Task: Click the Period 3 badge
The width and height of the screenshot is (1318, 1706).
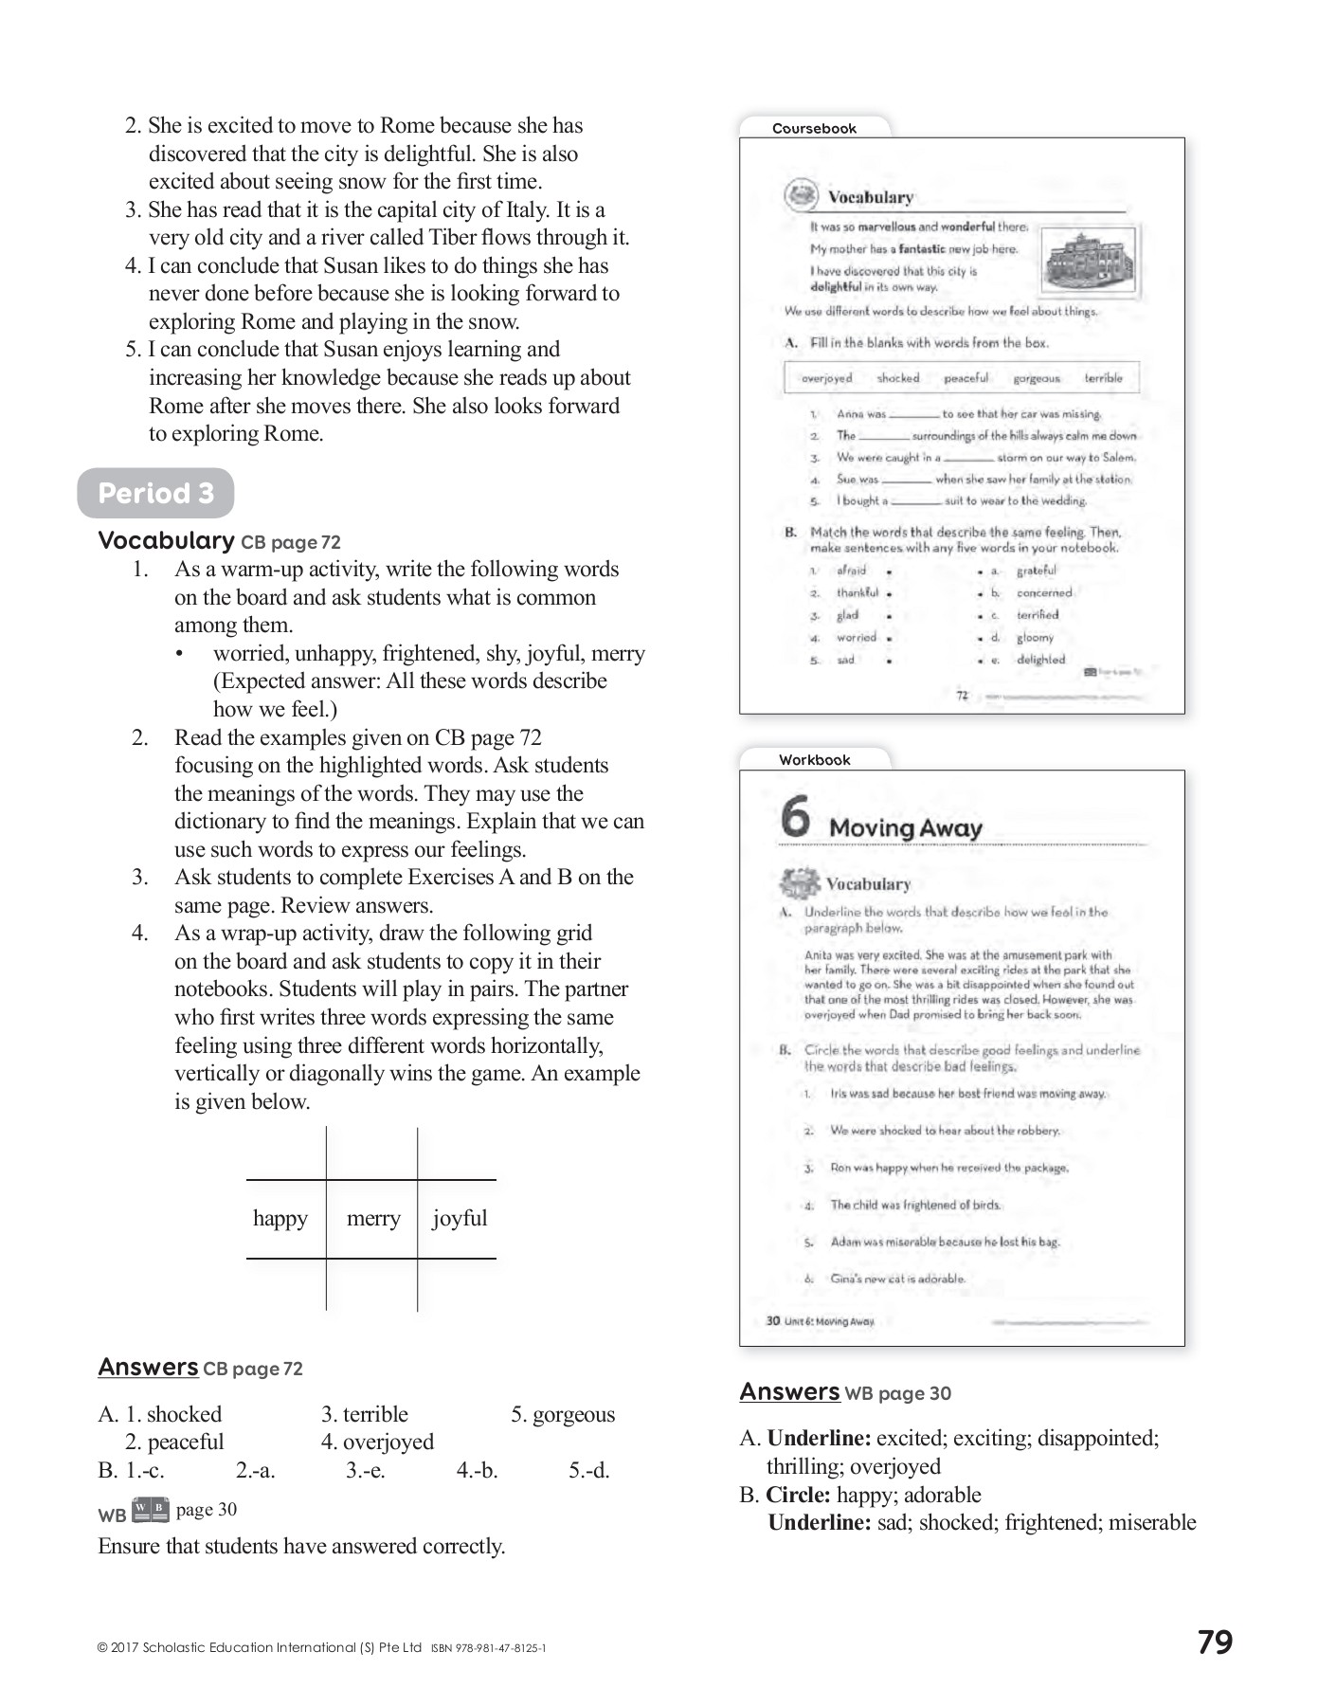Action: (x=155, y=493)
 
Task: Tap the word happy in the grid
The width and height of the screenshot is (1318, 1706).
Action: (x=280, y=1218)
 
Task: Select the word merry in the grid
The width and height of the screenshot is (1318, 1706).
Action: (x=373, y=1218)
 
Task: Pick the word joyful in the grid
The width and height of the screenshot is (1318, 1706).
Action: (x=460, y=1218)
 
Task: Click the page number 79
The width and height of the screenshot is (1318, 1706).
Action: (x=1215, y=1642)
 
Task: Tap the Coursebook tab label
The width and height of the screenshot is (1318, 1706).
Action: (x=814, y=129)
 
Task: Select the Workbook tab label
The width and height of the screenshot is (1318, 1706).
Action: (x=814, y=760)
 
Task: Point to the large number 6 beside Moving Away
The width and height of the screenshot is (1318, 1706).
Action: (x=796, y=816)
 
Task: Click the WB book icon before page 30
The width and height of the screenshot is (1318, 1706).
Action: (x=151, y=1509)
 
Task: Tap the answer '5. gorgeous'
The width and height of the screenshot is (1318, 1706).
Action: (x=563, y=1414)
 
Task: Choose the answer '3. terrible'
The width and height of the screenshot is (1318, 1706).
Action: (x=365, y=1414)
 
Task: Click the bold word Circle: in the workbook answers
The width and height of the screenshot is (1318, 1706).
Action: (x=798, y=1495)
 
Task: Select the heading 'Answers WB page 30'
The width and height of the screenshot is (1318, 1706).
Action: (x=844, y=1392)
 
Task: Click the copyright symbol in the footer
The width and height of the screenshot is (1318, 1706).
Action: (x=102, y=1648)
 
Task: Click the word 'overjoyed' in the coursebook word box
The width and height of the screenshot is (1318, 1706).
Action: (x=826, y=378)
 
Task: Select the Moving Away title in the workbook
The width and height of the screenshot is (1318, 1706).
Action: (x=905, y=828)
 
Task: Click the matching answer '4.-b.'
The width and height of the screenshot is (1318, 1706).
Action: (x=477, y=1470)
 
